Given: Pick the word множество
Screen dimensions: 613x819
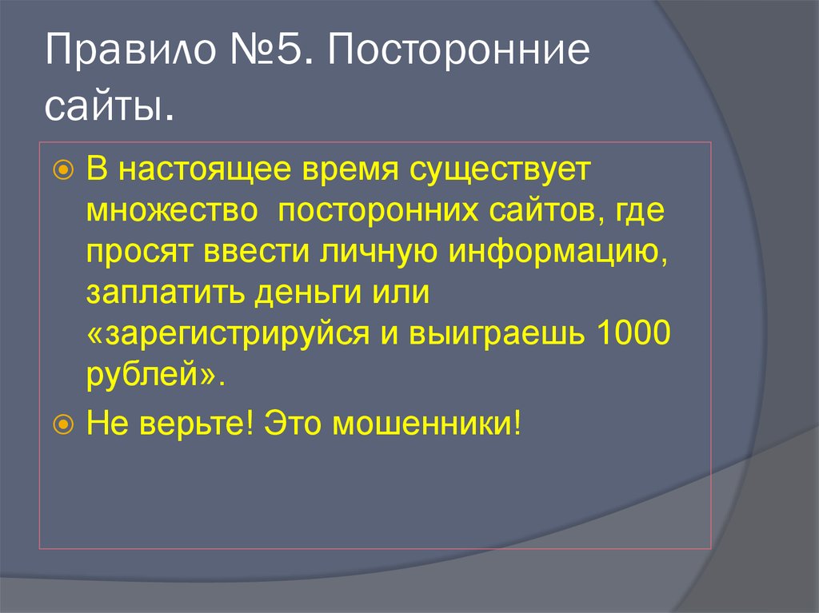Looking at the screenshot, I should [x=172, y=212].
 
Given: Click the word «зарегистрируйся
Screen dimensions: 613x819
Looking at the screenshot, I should [x=223, y=336].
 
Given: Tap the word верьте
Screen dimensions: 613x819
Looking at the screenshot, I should [x=197, y=421].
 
